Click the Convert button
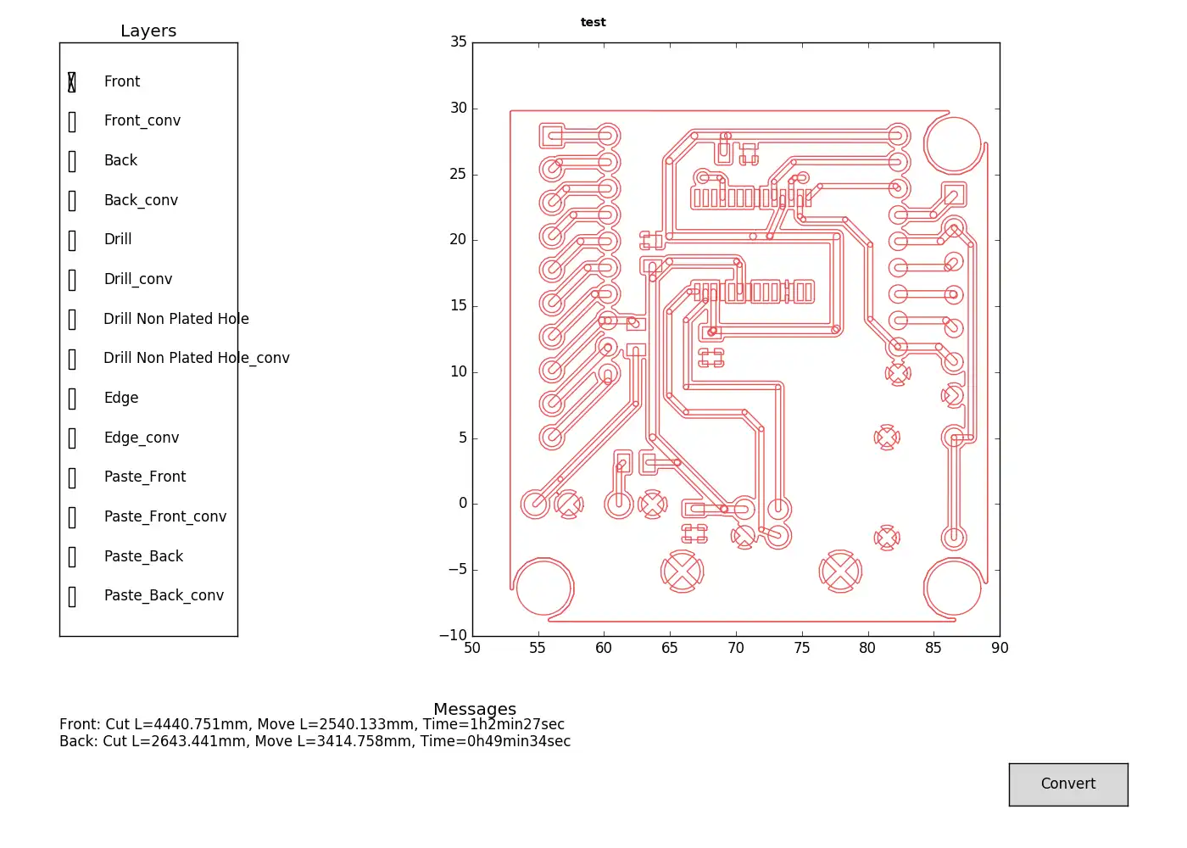pyautogui.click(x=1067, y=784)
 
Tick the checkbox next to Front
pyautogui.click(x=72, y=82)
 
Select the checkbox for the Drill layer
pyautogui.click(x=72, y=240)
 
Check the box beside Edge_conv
pyautogui.click(x=72, y=438)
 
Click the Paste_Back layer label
pyautogui.click(x=143, y=556)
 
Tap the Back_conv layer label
pyautogui.click(x=141, y=200)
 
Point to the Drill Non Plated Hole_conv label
pyautogui.click(x=196, y=358)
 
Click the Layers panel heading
pyautogui.click(x=148, y=31)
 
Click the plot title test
pyautogui.click(x=593, y=23)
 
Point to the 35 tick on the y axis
pyautogui.click(x=459, y=42)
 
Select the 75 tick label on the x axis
pyautogui.click(x=801, y=649)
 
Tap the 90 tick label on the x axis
pyautogui.click(x=1000, y=649)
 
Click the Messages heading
pyautogui.click(x=474, y=709)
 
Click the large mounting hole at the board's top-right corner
pyautogui.click(x=953, y=144)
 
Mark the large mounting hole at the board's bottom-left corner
pyautogui.click(x=543, y=587)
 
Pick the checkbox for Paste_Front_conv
pyautogui.click(x=72, y=517)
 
